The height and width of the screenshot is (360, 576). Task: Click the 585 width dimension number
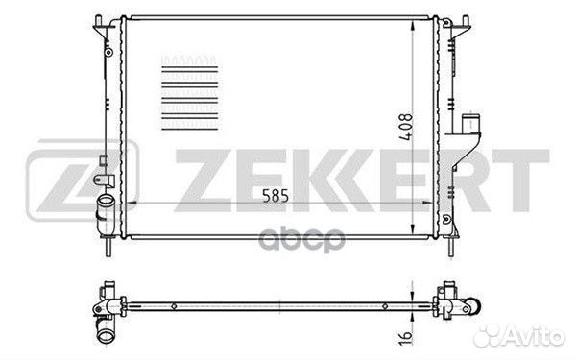click(276, 196)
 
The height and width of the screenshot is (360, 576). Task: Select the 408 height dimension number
click(406, 127)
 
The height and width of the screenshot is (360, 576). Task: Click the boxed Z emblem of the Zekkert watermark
click(83, 180)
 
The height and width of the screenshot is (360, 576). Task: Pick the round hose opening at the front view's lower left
click(106, 201)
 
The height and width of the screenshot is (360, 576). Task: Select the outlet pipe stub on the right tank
click(470, 124)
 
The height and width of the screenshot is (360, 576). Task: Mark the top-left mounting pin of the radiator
click(98, 22)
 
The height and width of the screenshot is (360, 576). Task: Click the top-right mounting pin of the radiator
click(465, 21)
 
